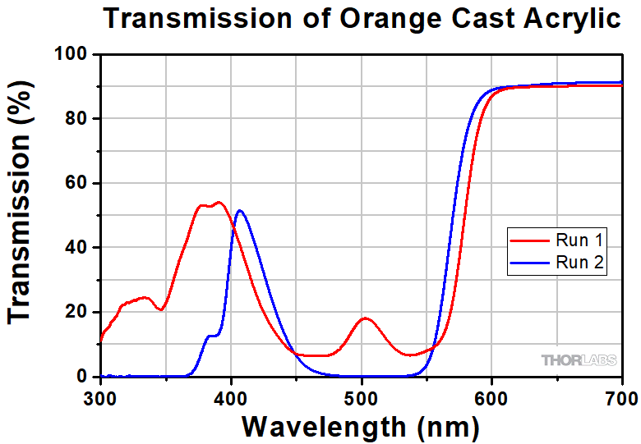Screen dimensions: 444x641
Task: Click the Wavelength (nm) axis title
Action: pyautogui.click(x=360, y=427)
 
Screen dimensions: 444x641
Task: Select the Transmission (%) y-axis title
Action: pyautogui.click(x=23, y=215)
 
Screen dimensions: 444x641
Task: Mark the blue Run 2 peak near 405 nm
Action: pyautogui.click(x=239, y=211)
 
